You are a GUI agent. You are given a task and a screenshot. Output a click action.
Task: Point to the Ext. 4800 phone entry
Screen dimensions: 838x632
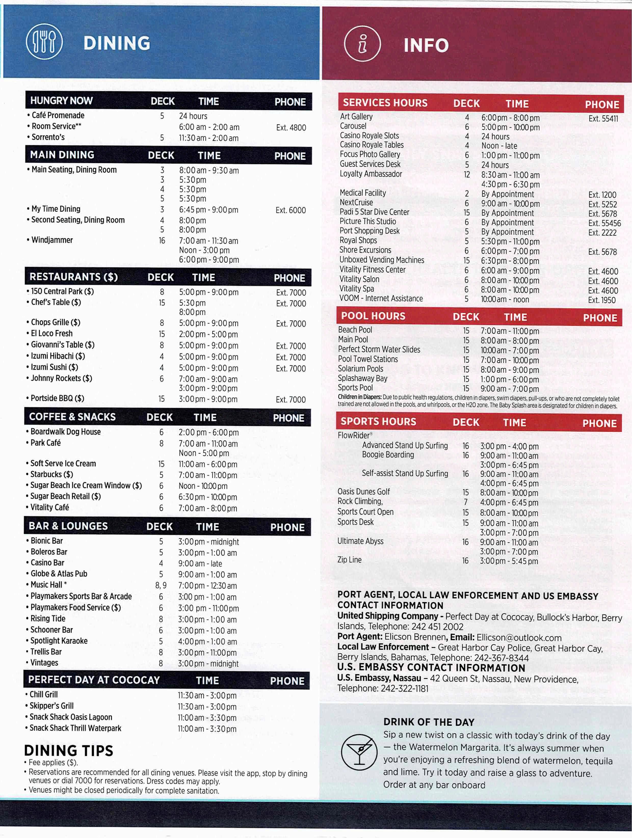point(291,128)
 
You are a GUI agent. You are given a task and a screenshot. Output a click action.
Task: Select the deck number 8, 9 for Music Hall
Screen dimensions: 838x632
point(161,585)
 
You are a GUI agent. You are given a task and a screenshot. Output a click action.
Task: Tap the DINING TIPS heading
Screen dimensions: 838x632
point(69,750)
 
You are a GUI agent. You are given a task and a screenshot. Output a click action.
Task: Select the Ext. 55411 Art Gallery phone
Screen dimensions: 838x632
point(603,119)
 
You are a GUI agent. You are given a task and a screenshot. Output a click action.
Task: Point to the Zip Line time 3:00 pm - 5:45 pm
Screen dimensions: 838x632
point(508,561)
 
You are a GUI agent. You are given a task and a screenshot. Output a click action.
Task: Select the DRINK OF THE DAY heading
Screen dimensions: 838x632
point(428,722)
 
